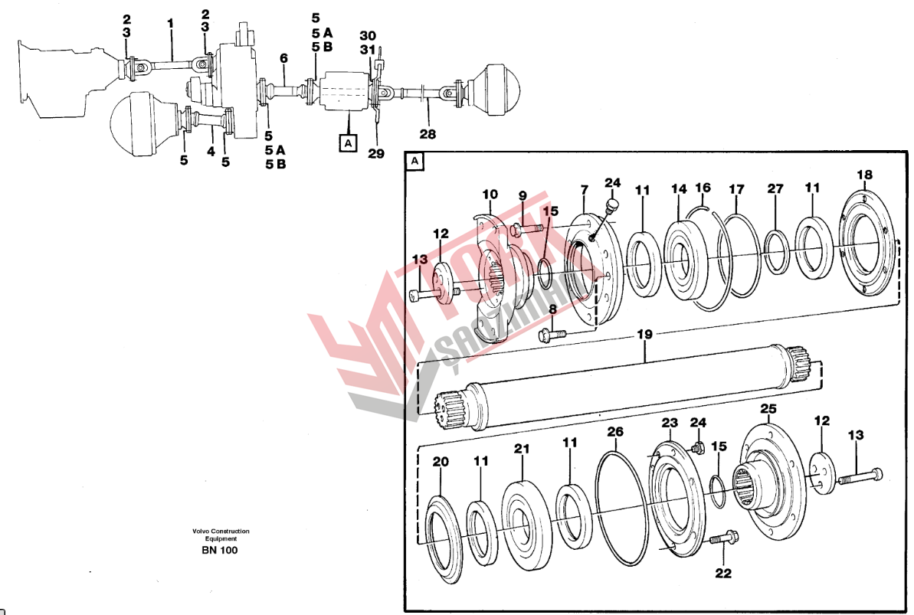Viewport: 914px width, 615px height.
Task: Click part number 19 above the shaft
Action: click(644, 334)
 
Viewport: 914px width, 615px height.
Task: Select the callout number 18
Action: click(863, 175)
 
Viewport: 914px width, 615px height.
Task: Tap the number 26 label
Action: click(615, 432)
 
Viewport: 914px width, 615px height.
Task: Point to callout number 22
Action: click(722, 573)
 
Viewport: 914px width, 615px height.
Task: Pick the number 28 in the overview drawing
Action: click(428, 133)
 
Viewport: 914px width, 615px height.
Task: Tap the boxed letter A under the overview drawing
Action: click(348, 142)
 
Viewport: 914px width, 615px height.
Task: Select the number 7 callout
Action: click(584, 188)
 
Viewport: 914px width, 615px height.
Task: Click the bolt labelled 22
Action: click(722, 540)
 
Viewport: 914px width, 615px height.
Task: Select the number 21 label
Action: click(522, 449)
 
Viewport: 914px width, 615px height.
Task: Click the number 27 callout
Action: click(775, 188)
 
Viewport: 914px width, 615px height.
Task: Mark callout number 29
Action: click(375, 153)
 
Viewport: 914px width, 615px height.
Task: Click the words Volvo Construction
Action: click(221, 531)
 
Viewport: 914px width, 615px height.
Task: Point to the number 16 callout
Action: click(703, 188)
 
